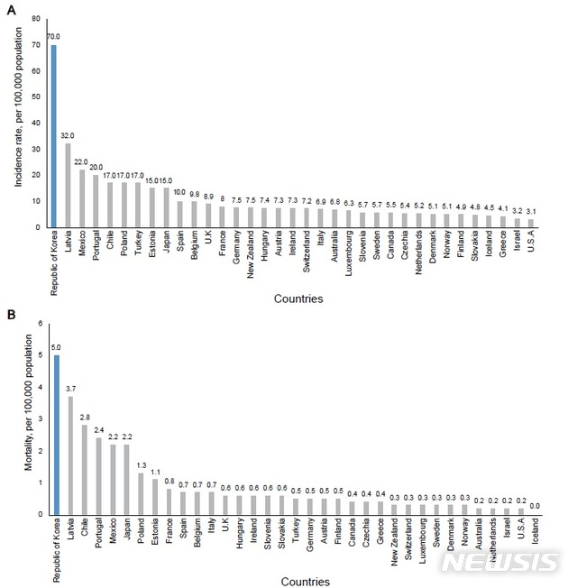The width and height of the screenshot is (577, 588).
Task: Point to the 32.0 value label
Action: pyautogui.click(x=68, y=136)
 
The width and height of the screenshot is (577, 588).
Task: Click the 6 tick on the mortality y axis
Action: pyautogui.click(x=39, y=323)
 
